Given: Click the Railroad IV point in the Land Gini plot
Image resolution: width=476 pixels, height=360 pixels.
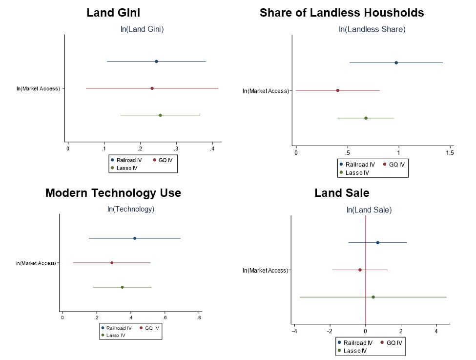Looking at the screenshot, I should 156,62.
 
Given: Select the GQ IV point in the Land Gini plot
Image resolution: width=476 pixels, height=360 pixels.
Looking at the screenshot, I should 152,88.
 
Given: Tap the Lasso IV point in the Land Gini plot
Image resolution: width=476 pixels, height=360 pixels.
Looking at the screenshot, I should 160,115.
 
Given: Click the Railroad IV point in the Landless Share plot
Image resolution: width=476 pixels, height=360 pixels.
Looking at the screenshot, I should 396,63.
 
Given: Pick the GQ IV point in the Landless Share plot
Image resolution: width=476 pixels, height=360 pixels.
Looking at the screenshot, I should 338,90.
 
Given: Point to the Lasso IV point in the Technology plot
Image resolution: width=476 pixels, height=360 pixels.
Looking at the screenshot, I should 122,287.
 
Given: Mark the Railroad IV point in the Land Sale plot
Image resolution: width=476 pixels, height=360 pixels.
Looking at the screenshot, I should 377,243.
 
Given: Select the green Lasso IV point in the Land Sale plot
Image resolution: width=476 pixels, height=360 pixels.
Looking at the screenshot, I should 373,297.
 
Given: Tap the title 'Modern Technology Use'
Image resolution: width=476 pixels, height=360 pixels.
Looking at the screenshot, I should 113,193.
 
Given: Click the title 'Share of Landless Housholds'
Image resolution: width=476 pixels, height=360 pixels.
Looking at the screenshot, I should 342,13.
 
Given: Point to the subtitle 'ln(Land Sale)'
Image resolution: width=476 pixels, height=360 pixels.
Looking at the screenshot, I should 369,211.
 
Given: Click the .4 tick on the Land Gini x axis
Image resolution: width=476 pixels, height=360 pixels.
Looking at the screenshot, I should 212,148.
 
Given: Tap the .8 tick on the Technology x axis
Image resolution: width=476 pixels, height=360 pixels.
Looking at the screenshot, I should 199,318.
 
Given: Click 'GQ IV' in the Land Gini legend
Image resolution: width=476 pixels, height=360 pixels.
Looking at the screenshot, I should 166,160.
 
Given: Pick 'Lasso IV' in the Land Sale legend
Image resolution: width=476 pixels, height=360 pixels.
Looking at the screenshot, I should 356,351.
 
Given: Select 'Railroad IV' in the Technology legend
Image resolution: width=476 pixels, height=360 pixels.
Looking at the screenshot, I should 119,328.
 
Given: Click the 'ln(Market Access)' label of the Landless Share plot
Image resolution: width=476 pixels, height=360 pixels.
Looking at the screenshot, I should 266,91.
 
